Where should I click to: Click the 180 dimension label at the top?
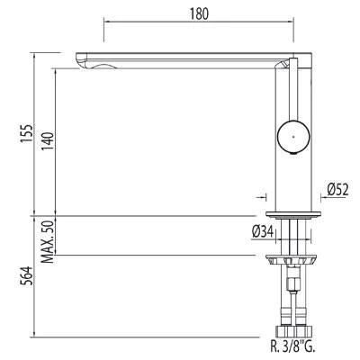199,13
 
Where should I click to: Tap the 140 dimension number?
48,141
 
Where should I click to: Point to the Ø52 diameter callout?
337,190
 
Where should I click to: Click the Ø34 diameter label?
263,232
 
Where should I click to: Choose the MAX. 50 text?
48,241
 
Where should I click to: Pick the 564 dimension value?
26,275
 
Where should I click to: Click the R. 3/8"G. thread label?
292,347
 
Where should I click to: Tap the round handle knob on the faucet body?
293,137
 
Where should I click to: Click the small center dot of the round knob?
293,137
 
